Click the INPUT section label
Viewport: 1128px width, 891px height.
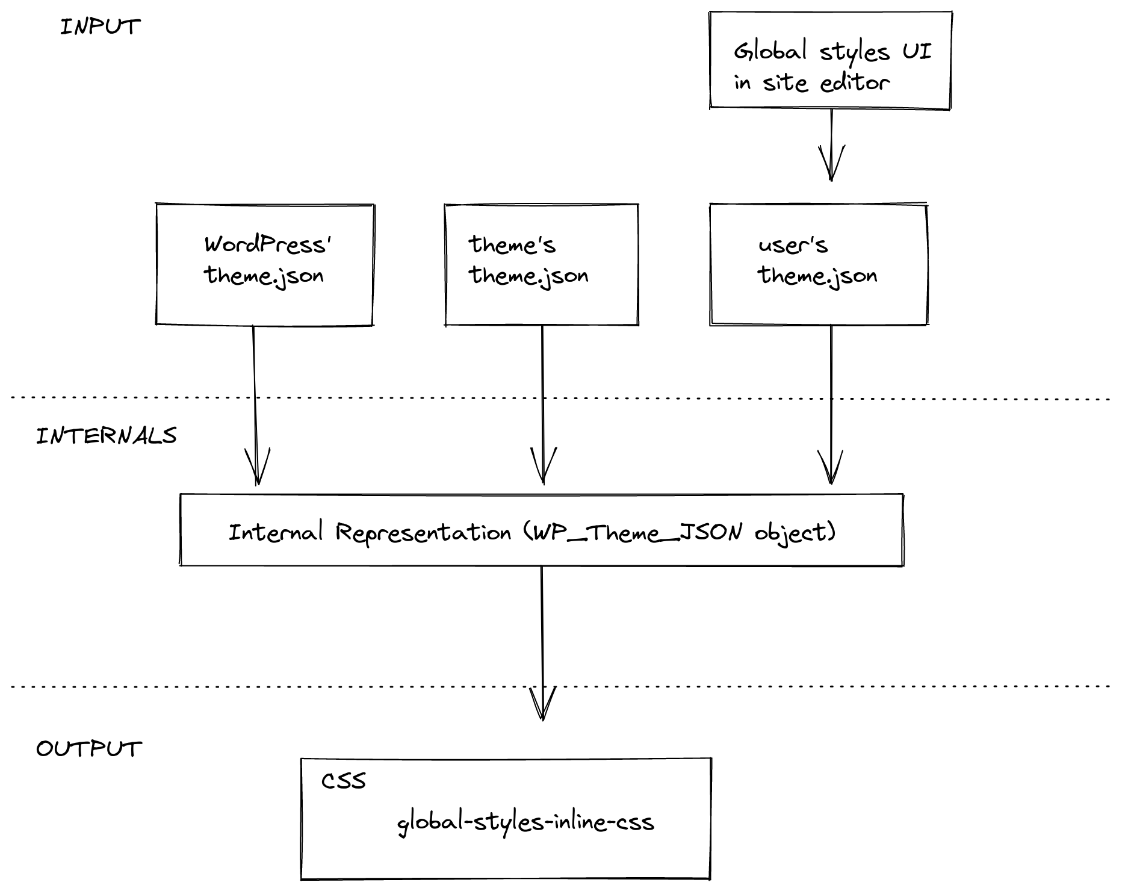click(x=101, y=27)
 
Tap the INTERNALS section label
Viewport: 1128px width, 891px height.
click(x=107, y=436)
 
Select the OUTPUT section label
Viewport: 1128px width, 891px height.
click(x=89, y=749)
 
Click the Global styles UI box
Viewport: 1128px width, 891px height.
click(x=831, y=60)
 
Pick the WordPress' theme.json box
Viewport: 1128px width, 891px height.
click(x=265, y=265)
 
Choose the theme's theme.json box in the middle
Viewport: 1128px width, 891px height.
click(x=541, y=265)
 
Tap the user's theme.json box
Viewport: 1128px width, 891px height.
click(x=819, y=265)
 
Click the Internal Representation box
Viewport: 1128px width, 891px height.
click(x=541, y=530)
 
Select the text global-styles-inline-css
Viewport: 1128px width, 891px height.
click(x=525, y=822)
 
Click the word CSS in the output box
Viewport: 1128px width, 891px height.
click(x=344, y=781)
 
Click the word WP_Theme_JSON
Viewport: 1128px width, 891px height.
click(x=633, y=532)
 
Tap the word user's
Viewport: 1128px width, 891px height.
click(x=793, y=245)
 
